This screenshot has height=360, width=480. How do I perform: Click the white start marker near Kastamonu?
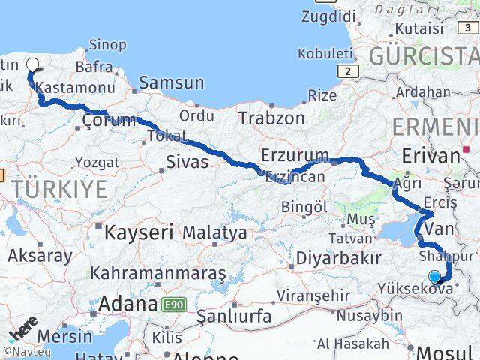[x=31, y=64]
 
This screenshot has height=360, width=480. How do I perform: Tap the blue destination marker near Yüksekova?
[x=434, y=276]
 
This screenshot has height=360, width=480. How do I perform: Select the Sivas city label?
[x=187, y=161]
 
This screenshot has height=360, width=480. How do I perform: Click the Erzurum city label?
[x=295, y=155]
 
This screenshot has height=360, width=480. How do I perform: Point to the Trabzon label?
[x=271, y=118]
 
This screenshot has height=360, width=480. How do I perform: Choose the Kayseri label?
[x=139, y=232]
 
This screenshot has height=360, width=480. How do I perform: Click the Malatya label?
[x=214, y=232]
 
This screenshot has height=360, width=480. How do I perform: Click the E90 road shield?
[x=172, y=304]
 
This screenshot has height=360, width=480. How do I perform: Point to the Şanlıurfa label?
[x=234, y=316]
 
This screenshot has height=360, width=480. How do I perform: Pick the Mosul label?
[x=445, y=351]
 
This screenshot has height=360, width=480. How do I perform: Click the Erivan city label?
[x=430, y=155]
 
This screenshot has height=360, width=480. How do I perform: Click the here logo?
[x=23, y=328]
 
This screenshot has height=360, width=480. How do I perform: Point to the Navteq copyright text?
[x=23, y=351]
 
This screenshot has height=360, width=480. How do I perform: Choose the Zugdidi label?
[x=328, y=16]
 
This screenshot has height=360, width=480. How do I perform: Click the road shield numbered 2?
[x=349, y=70]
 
